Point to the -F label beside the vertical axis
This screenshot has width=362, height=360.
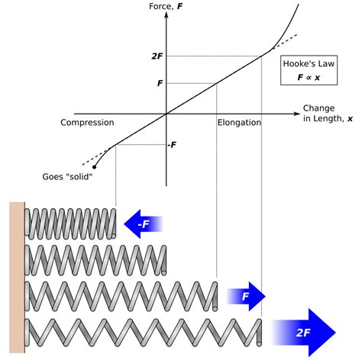(x=173, y=144)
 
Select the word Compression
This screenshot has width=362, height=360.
(x=87, y=122)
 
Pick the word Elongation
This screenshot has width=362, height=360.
(x=239, y=122)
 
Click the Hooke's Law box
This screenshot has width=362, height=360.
(x=309, y=71)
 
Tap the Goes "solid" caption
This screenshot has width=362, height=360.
(x=69, y=178)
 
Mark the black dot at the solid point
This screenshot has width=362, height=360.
(x=94, y=166)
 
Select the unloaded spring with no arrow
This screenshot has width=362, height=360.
(x=95, y=259)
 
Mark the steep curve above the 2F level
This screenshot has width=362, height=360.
(x=286, y=27)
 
